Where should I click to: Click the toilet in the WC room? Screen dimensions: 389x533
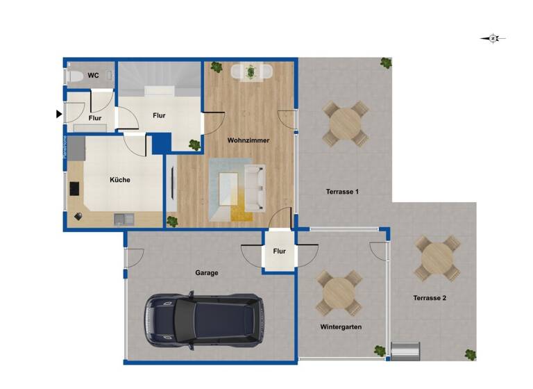click(74, 76)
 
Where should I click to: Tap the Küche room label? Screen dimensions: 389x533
click(119, 180)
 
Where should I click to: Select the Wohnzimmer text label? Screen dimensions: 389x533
click(248, 140)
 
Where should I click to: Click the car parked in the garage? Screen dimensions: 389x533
click(203, 320)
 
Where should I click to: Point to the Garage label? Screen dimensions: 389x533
click(206, 273)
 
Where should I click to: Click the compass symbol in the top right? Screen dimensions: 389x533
click(493, 39)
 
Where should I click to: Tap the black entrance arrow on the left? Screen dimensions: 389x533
click(59, 113)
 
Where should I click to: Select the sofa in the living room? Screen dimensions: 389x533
click(255, 187)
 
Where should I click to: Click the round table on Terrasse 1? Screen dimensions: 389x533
click(345, 124)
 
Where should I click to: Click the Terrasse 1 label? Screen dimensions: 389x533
click(342, 191)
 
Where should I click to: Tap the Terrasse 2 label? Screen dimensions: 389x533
click(430, 298)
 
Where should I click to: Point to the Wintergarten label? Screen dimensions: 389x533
click(341, 326)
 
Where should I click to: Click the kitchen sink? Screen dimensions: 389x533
click(124, 220)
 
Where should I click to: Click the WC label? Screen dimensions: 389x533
click(92, 75)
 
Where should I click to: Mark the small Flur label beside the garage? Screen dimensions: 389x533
click(279, 251)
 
